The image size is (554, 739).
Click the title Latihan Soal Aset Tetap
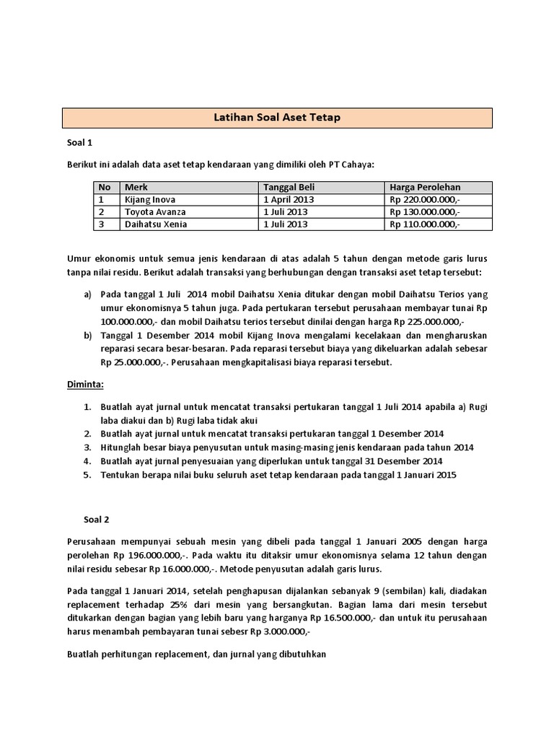click(277, 118)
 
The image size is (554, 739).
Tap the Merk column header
click(136, 187)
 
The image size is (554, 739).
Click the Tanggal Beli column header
click(288, 187)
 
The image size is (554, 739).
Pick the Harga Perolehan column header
click(424, 187)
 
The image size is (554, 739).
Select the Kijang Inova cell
click(150, 199)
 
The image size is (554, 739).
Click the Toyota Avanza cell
click(155, 211)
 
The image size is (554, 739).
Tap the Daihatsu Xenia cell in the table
click(156, 224)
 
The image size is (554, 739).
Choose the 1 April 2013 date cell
click(288, 199)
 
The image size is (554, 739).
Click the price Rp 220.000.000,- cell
click(424, 199)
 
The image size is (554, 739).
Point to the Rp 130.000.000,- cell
click(424, 211)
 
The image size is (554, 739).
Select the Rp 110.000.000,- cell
click(424, 224)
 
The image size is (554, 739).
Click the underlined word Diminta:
click(85, 383)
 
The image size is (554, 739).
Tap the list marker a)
click(88, 295)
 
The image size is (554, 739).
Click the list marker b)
click(88, 336)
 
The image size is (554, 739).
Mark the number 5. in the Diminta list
click(87, 474)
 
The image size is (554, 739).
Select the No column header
click(105, 187)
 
